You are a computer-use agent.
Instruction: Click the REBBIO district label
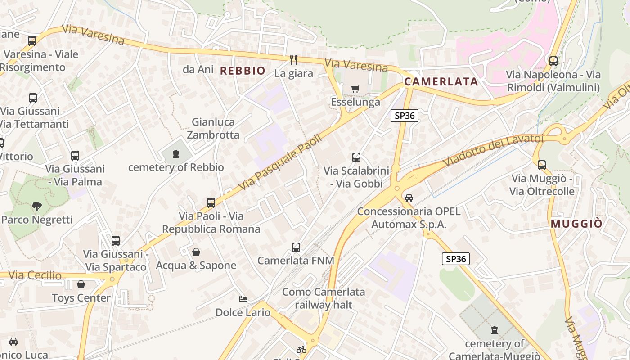(243, 71)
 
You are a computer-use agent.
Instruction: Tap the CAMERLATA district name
(441, 81)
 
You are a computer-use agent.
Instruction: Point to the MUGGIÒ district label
(576, 224)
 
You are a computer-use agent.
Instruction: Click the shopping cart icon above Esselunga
(355, 89)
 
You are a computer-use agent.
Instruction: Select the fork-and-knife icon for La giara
(293, 59)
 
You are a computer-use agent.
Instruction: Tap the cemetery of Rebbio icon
(175, 154)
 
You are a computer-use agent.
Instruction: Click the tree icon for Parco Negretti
(37, 207)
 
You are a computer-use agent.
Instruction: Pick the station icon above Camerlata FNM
(296, 247)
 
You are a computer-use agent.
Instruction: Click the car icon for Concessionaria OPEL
(409, 198)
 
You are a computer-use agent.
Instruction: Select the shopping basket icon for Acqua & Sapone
(196, 252)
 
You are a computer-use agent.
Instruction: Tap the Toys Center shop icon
(81, 284)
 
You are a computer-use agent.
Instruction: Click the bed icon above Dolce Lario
(243, 299)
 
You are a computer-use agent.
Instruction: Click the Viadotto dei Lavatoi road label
(493, 149)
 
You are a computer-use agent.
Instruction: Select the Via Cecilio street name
(35, 275)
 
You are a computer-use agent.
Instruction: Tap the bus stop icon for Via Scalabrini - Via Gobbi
(356, 157)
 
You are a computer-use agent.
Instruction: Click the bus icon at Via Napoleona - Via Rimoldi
(553, 61)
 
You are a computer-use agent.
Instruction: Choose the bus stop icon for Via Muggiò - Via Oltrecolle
(542, 165)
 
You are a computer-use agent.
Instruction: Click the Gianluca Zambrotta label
(213, 128)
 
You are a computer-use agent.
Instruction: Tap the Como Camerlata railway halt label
(324, 298)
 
